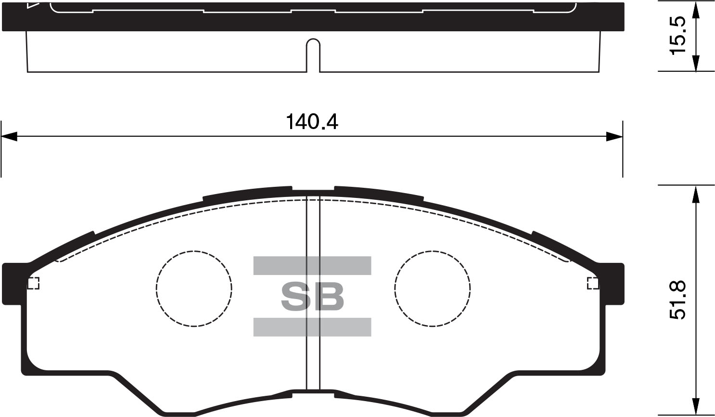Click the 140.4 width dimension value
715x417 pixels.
(312, 122)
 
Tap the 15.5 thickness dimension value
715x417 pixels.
(677, 39)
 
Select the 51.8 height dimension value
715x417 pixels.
(677, 300)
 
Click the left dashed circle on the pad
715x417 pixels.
(156, 288)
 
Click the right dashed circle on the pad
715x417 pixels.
(395, 288)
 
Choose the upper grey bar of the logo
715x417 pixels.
(312, 265)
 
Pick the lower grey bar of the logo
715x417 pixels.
(312, 327)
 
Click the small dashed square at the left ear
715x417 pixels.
(33, 284)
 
